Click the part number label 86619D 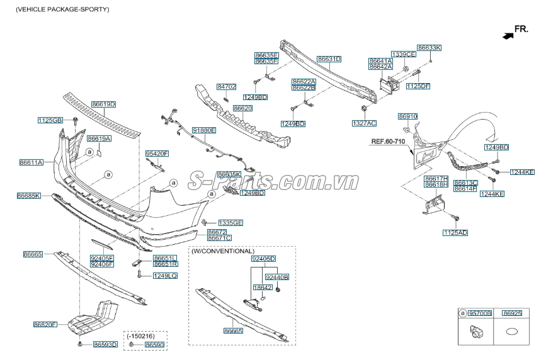pos(104,104)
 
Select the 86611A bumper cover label pos(31,162)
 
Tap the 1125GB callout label pos(50,120)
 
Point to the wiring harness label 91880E pos(204,130)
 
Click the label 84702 pos(227,86)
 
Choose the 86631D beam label pos(329,59)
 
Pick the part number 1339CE pos(403,54)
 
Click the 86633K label pos(429,48)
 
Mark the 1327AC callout pos(364,123)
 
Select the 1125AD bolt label pos(455,233)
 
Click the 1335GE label pos(230,223)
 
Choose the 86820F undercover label pos(45,325)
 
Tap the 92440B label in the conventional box pos(277,277)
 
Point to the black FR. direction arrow pos(508,36)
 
